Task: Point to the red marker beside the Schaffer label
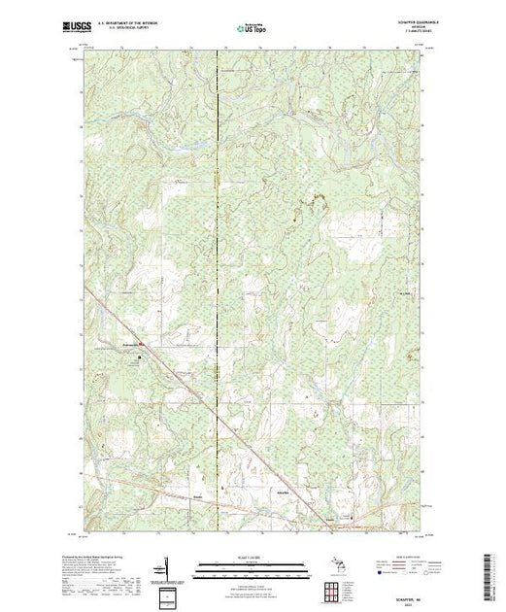tap(143, 342)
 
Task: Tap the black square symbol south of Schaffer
tap(139, 357)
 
